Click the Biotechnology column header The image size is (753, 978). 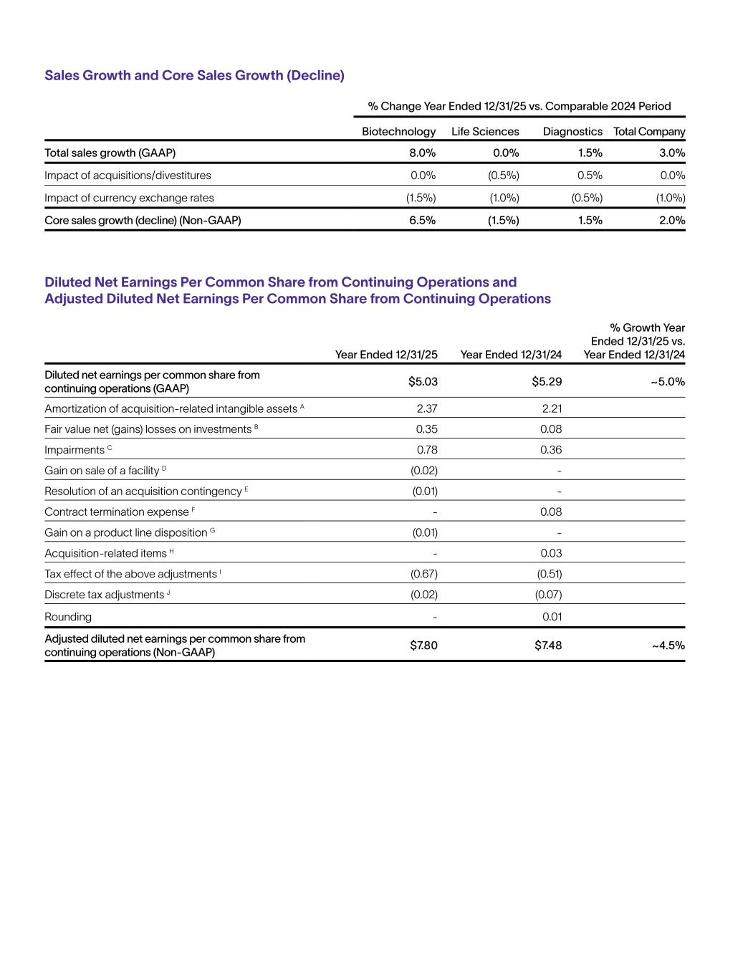click(x=398, y=132)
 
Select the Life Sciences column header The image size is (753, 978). click(x=485, y=132)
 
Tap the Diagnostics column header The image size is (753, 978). click(x=572, y=132)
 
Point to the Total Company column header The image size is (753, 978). click(x=649, y=132)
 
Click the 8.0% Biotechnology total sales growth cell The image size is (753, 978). click(x=422, y=153)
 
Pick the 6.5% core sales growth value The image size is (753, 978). click(x=422, y=220)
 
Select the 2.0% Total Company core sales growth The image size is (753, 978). click(x=672, y=220)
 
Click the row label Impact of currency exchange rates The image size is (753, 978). click(x=129, y=198)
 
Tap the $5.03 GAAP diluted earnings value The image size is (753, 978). click(x=423, y=381)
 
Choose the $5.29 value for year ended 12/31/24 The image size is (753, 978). click(x=547, y=381)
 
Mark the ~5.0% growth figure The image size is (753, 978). click(x=668, y=381)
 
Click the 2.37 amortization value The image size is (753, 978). click(x=427, y=408)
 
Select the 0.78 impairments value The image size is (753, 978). click(x=427, y=450)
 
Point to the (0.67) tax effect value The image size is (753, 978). click(x=424, y=574)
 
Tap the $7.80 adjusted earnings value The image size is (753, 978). click(x=423, y=646)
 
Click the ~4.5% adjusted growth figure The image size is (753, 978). click(x=668, y=646)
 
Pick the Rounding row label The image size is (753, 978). click(x=68, y=617)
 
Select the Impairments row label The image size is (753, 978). click(x=75, y=450)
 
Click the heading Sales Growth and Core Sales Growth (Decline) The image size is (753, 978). click(x=194, y=75)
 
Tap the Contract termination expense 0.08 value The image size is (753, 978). click(x=551, y=512)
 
